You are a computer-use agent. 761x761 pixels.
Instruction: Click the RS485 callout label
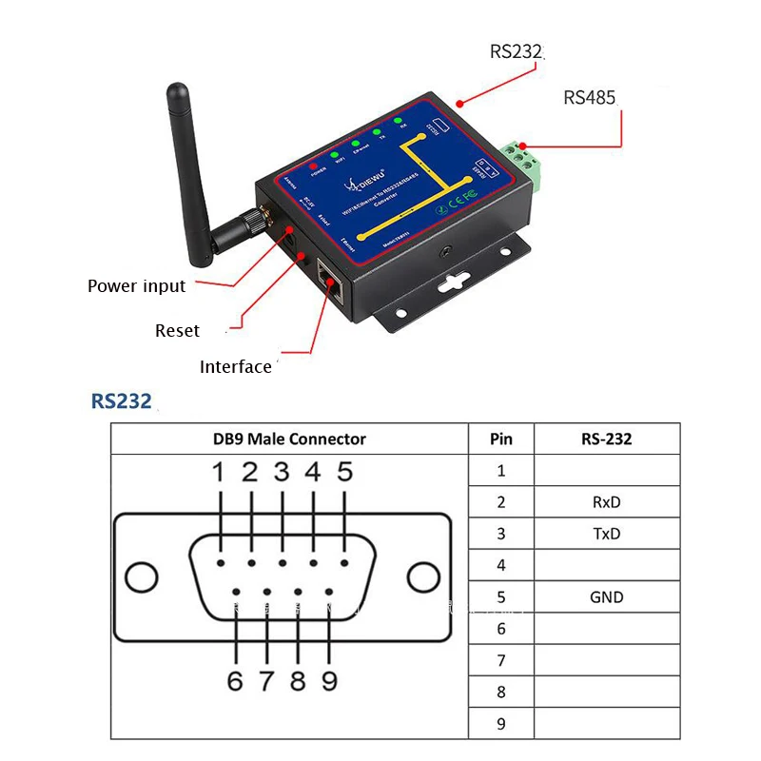(x=590, y=97)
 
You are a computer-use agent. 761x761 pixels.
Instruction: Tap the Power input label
(x=136, y=285)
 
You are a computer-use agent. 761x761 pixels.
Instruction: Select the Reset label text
(x=177, y=330)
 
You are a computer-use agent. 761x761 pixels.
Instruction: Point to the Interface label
(x=235, y=367)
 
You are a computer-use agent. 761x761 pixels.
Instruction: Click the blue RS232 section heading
(x=121, y=400)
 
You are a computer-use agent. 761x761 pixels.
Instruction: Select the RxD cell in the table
(x=606, y=502)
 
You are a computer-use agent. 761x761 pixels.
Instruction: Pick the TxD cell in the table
(x=606, y=534)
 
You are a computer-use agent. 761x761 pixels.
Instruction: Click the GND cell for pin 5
(x=606, y=597)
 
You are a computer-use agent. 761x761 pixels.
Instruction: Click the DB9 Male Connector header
(x=289, y=439)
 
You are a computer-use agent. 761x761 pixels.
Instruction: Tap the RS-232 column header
(x=606, y=439)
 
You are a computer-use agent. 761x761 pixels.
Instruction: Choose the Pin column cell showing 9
(x=501, y=724)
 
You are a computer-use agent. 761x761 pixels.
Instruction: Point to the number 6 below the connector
(x=235, y=681)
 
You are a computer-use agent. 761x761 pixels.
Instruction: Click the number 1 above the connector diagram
(x=218, y=472)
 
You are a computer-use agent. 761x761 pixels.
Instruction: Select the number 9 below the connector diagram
(x=329, y=681)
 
